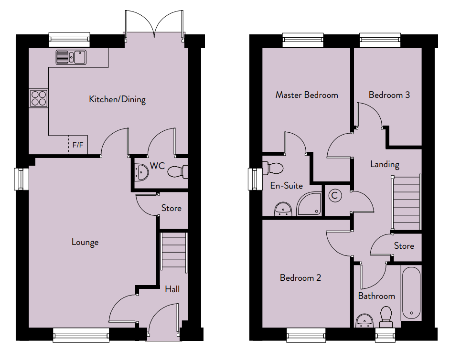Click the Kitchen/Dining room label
pos(118,99)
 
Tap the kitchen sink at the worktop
pos(71,57)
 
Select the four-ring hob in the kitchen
pos(39,98)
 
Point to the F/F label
pos(78,145)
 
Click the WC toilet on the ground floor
pos(178,172)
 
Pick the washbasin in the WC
pos(141,172)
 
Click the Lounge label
pos(85,243)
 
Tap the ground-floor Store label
pos(171,208)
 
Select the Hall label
pos(172,289)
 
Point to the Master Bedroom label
pos(307,95)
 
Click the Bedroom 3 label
pos(389,95)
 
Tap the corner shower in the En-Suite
pos(309,204)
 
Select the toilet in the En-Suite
pos(273,168)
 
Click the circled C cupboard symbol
pos(334,196)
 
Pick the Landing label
pos(385,164)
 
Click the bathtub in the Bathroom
pos(411,293)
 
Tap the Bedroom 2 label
pos(300,278)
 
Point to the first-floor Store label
pos(404,246)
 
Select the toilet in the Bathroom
pos(386,317)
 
